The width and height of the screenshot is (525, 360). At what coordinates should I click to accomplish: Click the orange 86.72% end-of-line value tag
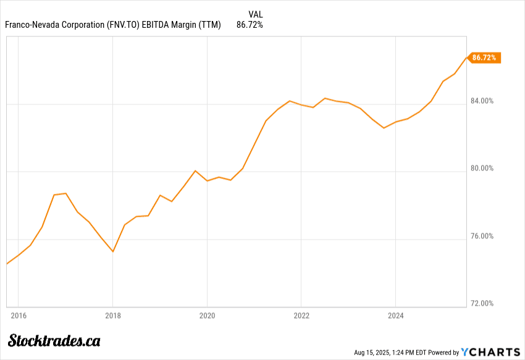tap(485, 58)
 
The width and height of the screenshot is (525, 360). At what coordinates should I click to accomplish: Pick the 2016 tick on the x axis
tap(18, 316)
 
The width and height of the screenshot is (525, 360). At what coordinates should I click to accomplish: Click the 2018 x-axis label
tap(112, 316)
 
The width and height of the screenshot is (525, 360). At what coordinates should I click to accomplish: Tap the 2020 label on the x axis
tap(206, 316)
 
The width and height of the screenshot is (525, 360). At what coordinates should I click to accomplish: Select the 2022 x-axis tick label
tap(301, 316)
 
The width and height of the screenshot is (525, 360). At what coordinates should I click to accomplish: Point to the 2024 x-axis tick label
tap(395, 316)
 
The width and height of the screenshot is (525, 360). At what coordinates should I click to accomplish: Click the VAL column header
tap(255, 14)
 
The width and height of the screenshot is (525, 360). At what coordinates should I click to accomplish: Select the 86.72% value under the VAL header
tap(250, 25)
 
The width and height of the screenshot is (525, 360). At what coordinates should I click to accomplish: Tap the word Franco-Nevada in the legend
tap(30, 25)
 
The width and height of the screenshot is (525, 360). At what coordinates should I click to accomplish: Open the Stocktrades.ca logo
tap(54, 340)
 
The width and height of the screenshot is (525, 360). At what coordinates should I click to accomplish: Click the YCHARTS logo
tap(492, 352)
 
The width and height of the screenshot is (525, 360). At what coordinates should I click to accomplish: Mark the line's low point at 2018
tap(112, 251)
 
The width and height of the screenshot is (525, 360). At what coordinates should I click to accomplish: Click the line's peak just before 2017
tap(65, 193)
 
